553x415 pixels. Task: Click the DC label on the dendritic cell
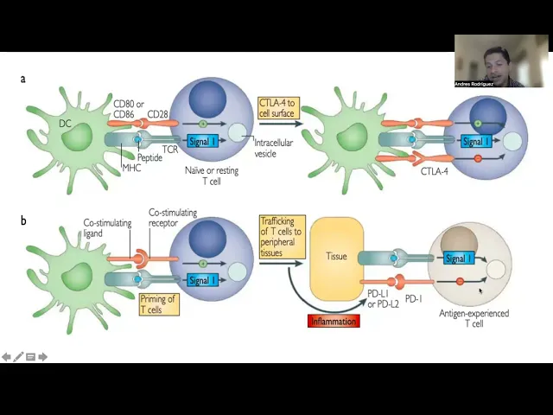[x=66, y=124]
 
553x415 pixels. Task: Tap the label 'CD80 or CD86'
[x=129, y=109]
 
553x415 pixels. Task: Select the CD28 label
[x=158, y=114]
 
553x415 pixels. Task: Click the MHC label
[x=131, y=167]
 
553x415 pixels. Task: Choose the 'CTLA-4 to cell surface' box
[x=276, y=109]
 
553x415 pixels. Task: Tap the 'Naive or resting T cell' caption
[x=212, y=176]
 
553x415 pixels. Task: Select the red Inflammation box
[x=333, y=321]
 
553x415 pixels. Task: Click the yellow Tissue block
[x=336, y=256]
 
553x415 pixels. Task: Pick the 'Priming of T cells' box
[x=158, y=304]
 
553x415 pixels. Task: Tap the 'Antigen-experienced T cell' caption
[x=474, y=318]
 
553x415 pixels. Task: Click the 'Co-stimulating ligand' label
[x=107, y=228]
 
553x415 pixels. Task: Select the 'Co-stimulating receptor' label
[x=173, y=218]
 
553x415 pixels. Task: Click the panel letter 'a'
[x=23, y=79]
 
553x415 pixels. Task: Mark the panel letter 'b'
[x=23, y=220]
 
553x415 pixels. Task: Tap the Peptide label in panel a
[x=149, y=158]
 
